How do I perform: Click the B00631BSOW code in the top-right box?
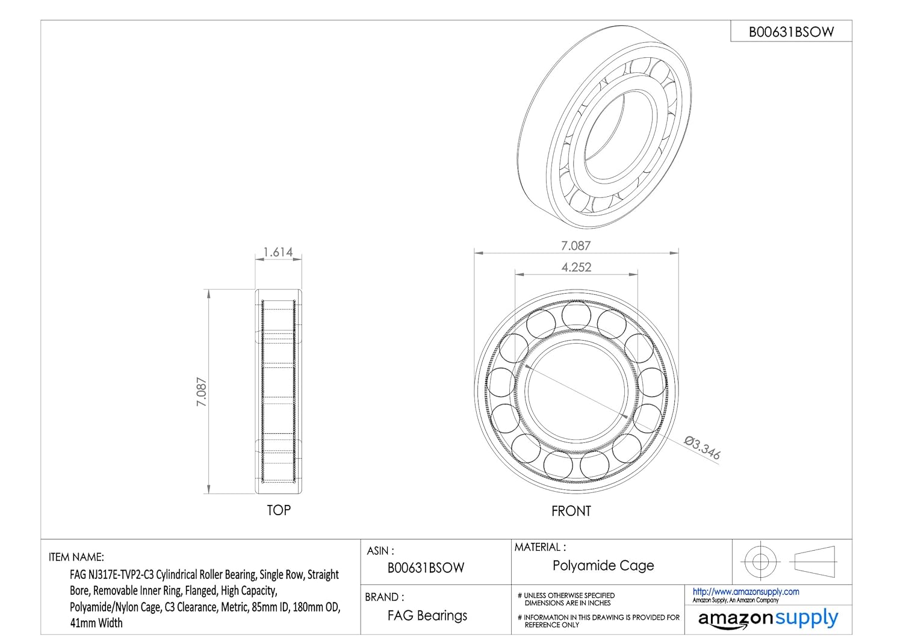[x=791, y=32]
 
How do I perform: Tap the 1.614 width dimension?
[x=278, y=252]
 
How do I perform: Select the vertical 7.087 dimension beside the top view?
[x=201, y=392]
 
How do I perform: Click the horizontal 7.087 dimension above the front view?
[x=576, y=246]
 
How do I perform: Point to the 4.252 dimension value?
[x=577, y=267]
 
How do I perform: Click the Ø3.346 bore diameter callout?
[x=703, y=448]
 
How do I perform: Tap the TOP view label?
[x=279, y=510]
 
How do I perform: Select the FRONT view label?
[x=571, y=511]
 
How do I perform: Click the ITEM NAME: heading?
[x=76, y=557]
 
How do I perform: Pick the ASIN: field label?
[x=380, y=551]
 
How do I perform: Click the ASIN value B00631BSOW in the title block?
[x=426, y=568]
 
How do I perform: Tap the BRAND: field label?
[x=385, y=596]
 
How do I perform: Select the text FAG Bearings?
[x=427, y=616]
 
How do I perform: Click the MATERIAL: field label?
[x=540, y=547]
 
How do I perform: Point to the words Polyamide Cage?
[x=603, y=565]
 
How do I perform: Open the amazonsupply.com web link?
[x=746, y=592]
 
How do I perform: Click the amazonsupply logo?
[x=768, y=619]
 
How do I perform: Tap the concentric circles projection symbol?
[x=760, y=562]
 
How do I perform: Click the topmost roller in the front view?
[x=576, y=315]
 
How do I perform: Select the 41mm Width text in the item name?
[x=96, y=623]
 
